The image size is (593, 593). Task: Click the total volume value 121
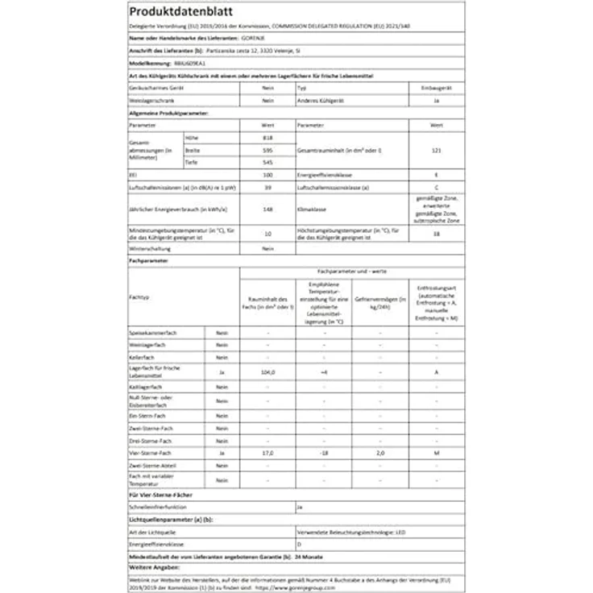[436, 151]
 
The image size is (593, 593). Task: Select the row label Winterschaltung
[151, 249]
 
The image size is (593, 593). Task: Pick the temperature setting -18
[323, 454]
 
